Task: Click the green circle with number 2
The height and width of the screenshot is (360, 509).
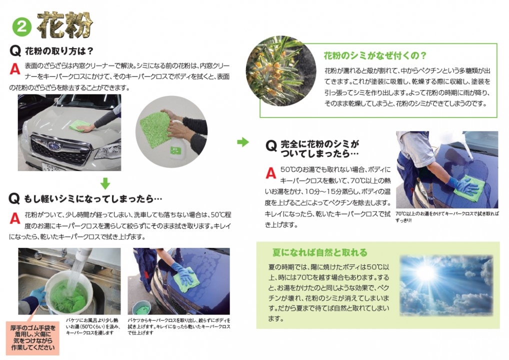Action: [21, 26]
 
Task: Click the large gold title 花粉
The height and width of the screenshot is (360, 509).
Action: [65, 25]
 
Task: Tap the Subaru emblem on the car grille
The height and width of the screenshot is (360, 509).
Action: [54, 146]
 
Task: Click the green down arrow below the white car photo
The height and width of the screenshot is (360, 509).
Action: [105, 183]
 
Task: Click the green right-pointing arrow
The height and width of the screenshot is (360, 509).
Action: [243, 142]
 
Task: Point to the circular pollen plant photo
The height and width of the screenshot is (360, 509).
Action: [281, 71]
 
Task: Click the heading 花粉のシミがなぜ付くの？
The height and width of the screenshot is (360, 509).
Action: [375, 56]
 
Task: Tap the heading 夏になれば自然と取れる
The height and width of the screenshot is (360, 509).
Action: [319, 252]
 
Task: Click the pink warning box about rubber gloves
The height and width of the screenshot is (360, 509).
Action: [32, 338]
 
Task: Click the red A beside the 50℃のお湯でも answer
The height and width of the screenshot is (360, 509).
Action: [270, 173]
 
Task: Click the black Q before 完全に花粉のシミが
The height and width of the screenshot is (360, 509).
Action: [271, 146]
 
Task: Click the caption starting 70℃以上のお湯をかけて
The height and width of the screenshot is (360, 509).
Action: [447, 217]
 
